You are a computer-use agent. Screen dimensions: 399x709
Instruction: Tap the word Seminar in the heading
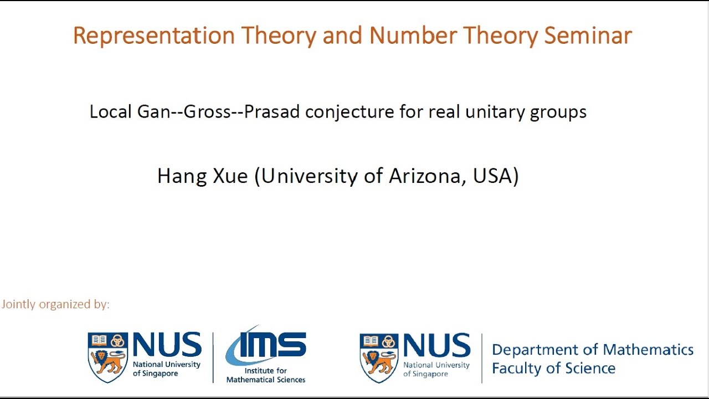(588, 36)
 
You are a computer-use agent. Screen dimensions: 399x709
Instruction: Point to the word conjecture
(350, 112)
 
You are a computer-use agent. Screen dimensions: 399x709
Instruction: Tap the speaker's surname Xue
(230, 176)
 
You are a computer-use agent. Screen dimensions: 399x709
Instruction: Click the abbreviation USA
(496, 176)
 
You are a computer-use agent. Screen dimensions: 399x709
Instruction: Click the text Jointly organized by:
(55, 304)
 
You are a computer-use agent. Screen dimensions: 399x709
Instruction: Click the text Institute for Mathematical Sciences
(266, 375)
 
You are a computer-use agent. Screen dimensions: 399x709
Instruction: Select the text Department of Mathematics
(592, 350)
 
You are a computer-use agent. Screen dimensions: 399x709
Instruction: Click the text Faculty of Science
(553, 369)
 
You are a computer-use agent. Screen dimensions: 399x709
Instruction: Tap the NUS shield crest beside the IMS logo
(107, 357)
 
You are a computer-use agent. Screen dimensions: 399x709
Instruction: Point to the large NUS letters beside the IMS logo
(167, 345)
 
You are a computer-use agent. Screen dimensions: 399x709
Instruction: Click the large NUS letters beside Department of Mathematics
(436, 345)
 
